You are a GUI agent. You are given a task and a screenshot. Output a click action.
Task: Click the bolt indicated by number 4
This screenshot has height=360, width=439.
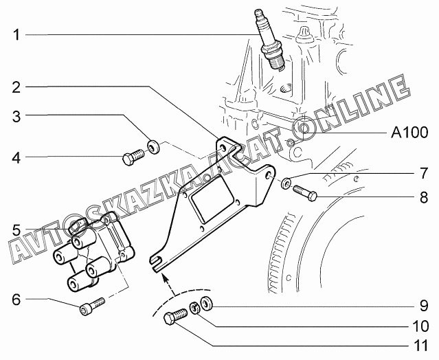pyautogui.click(x=131, y=157)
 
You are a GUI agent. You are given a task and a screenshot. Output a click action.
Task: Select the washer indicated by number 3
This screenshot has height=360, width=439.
pyautogui.click(x=155, y=146)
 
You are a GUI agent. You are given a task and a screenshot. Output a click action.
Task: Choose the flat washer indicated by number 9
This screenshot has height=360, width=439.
pyautogui.click(x=207, y=304)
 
